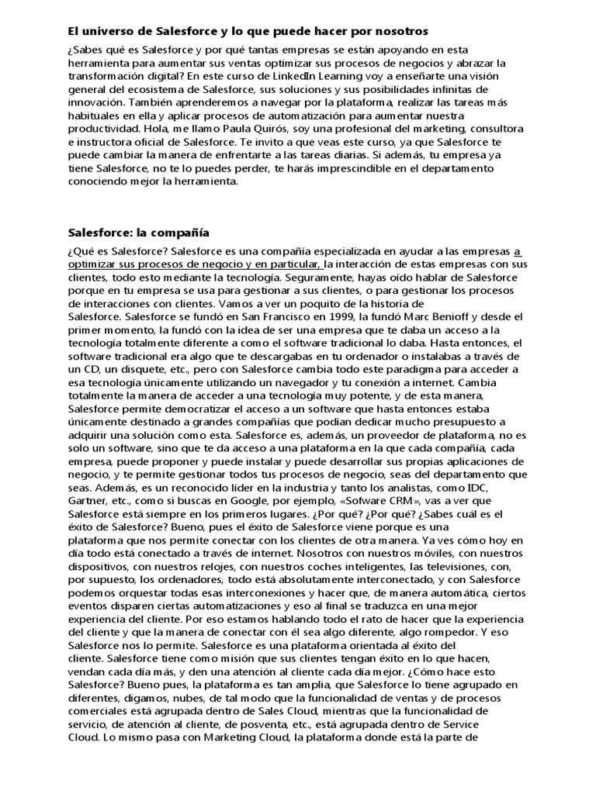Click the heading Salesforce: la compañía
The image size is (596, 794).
[138, 232]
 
